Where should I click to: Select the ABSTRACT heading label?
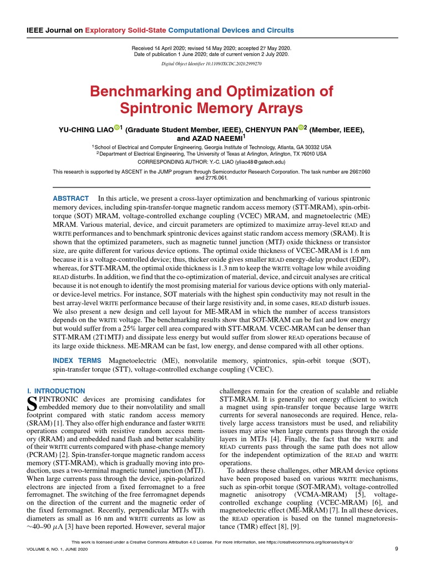(x=70, y=199)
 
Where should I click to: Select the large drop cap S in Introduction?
(x=32, y=403)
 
